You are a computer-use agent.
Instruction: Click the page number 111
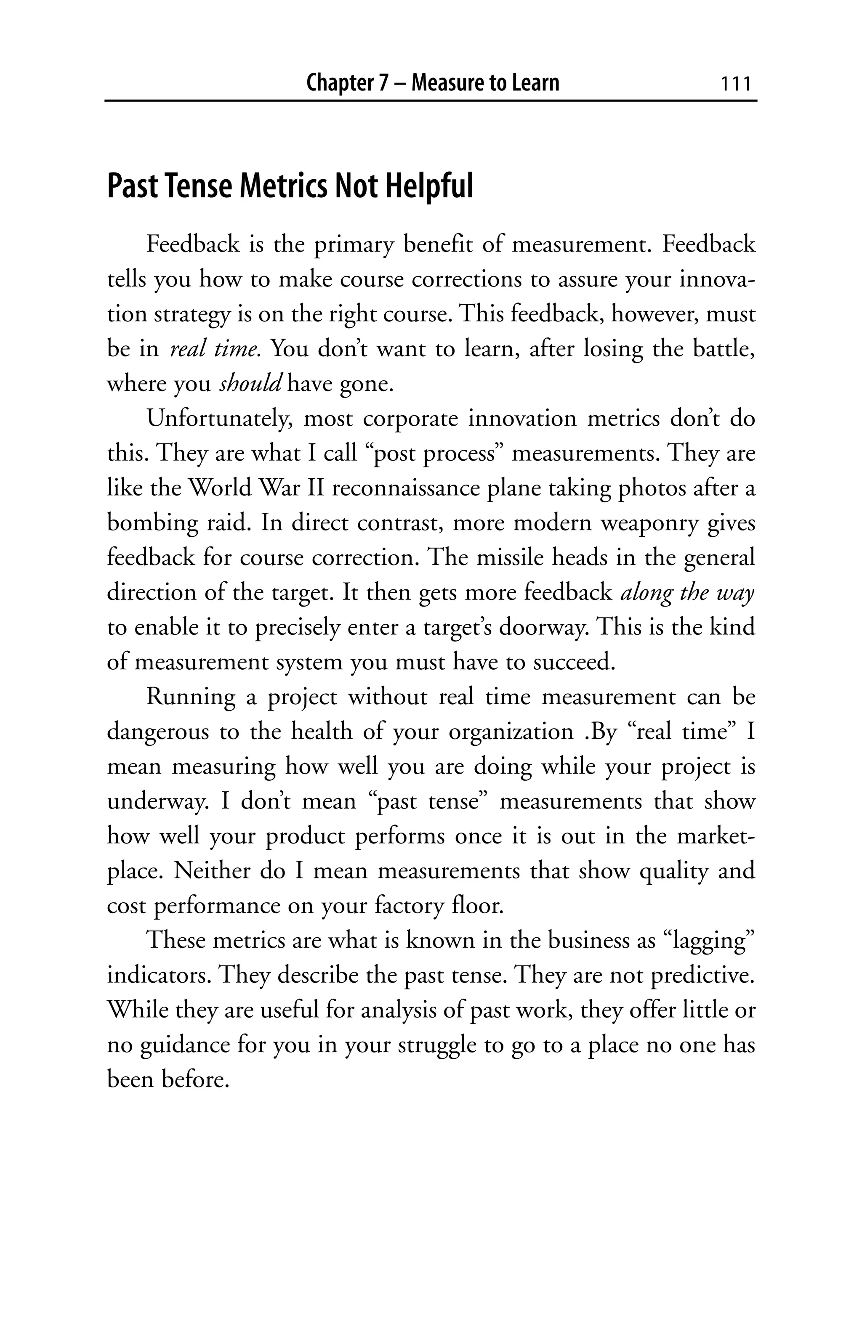(735, 84)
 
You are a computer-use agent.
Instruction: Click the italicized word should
(250, 384)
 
